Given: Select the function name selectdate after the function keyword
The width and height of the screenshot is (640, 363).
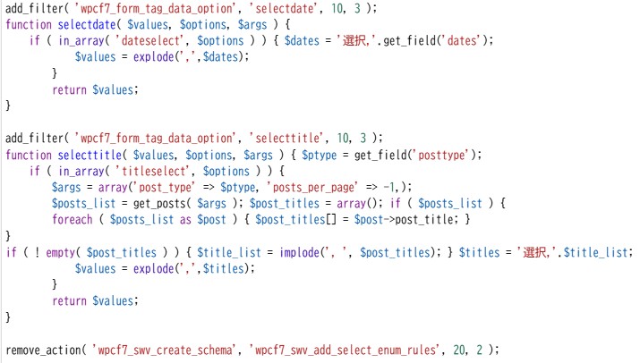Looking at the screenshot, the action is (x=87, y=25).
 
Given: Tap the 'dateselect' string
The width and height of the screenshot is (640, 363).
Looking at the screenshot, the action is (x=150, y=41).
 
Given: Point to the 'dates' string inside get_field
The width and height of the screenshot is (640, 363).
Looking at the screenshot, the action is (x=462, y=41).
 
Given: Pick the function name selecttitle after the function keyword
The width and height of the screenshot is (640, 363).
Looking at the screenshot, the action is (x=90, y=156).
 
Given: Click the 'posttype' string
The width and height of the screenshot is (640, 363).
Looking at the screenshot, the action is (x=441, y=156).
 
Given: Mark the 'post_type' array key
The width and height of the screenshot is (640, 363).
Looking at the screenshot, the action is (x=165, y=188).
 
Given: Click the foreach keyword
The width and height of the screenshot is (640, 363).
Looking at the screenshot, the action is (x=73, y=220).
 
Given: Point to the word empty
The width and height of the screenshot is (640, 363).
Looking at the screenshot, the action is (x=60, y=253).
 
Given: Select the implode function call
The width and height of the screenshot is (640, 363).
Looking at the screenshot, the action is (x=299, y=253).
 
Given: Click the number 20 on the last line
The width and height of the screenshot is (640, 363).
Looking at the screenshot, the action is (x=459, y=350).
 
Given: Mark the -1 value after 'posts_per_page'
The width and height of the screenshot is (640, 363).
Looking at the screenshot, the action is (x=389, y=188).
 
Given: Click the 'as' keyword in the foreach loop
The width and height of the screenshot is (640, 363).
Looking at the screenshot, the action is (x=185, y=220).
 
